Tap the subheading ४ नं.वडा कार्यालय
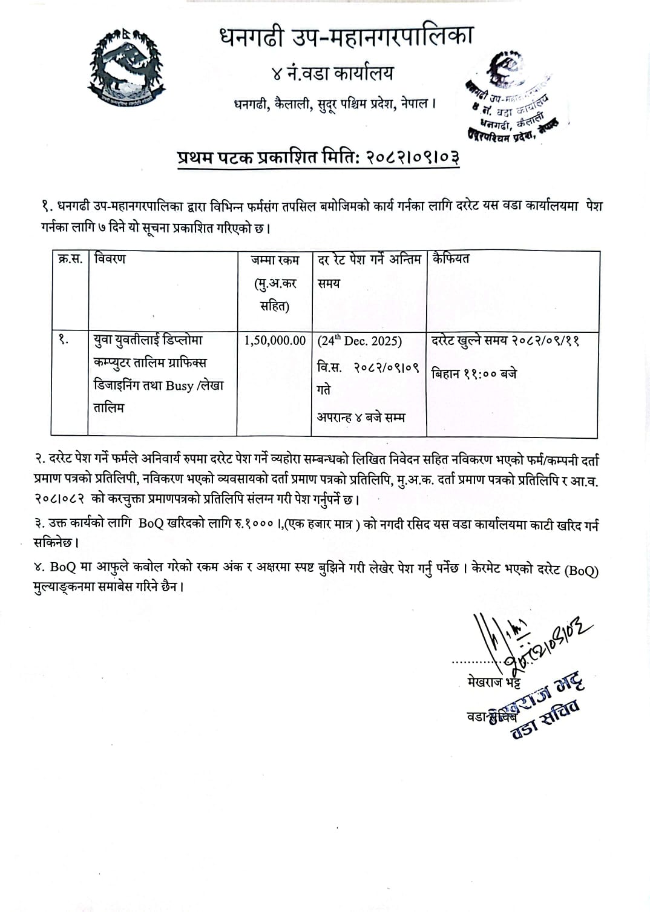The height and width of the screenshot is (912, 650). click(332, 74)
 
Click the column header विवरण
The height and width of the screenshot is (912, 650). click(110, 259)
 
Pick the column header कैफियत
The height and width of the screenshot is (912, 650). click(450, 259)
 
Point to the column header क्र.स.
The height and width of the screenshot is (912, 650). click(70, 259)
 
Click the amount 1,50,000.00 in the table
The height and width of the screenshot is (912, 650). click(275, 341)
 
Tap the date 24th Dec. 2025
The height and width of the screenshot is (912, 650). click(360, 341)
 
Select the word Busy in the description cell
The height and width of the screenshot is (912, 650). click(179, 385)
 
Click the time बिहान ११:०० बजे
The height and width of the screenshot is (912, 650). click(474, 374)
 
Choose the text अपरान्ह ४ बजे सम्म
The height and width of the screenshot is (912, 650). click(361, 418)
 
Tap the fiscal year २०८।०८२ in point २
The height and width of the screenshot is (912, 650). click(58, 500)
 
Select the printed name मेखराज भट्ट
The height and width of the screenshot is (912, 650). click(494, 683)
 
